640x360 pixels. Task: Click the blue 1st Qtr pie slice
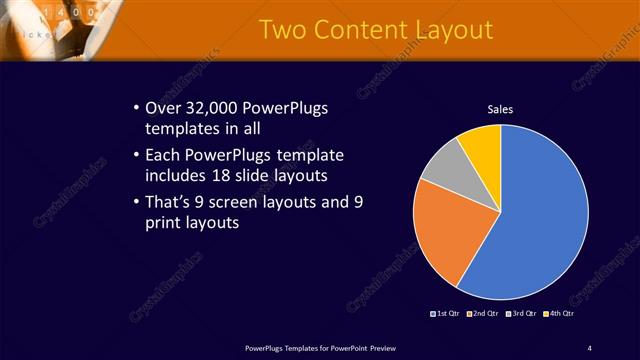[x=540, y=220]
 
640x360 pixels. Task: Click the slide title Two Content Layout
[x=375, y=30]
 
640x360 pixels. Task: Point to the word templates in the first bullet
[x=181, y=129]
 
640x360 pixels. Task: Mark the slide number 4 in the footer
[x=589, y=347]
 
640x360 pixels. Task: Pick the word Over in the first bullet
[x=163, y=108]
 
